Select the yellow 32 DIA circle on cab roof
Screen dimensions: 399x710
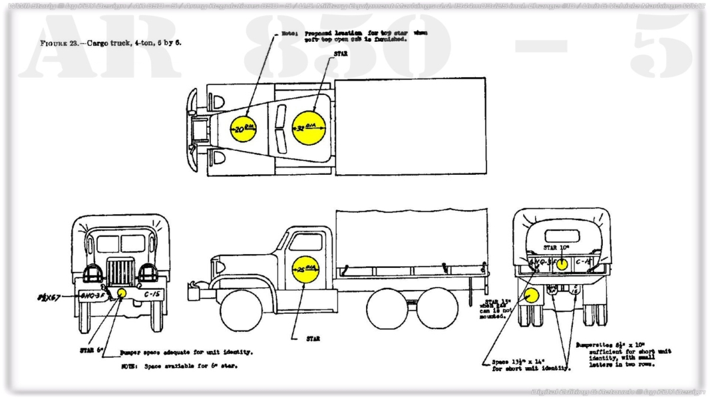pyautogui.click(x=308, y=126)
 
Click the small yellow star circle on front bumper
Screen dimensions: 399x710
pyautogui.click(x=122, y=293)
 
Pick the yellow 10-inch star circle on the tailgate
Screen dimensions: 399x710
pyautogui.click(x=562, y=264)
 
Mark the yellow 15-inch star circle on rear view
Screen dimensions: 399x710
pyautogui.click(x=531, y=296)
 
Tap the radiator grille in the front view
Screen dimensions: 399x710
pyautogui.click(x=120, y=273)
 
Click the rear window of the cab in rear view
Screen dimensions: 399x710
pyautogui.click(x=562, y=236)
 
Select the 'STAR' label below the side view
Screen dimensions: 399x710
pyautogui.click(x=312, y=339)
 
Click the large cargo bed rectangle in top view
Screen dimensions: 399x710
pyautogui.click(x=409, y=126)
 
